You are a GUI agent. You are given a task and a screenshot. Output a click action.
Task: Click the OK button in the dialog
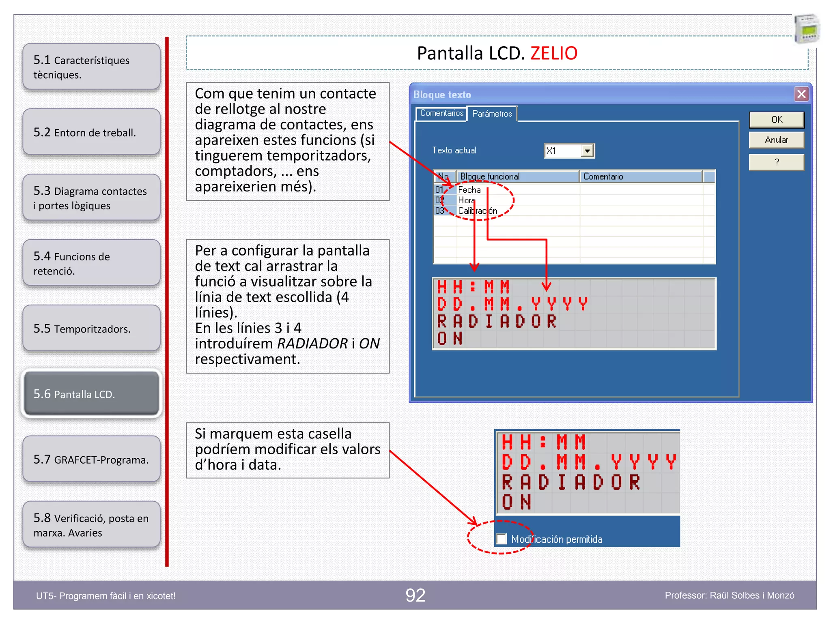click(x=776, y=120)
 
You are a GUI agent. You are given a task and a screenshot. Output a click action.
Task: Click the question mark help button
click(x=776, y=162)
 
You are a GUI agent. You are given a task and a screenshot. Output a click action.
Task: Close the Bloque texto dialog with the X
click(x=801, y=94)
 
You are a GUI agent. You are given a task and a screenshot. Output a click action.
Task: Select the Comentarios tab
click(x=441, y=114)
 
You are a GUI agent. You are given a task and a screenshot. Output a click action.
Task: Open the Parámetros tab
click(x=492, y=114)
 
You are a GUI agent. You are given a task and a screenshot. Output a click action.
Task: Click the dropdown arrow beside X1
click(x=587, y=151)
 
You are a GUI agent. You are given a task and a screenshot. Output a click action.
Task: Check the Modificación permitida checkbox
click(x=502, y=539)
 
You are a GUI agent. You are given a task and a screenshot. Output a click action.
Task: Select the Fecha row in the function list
click(x=469, y=190)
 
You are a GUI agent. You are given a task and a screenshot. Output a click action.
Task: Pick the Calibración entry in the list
click(x=477, y=211)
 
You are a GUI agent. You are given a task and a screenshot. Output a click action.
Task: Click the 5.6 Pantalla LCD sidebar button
click(x=91, y=394)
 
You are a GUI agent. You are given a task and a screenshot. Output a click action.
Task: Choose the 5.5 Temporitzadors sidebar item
click(x=91, y=328)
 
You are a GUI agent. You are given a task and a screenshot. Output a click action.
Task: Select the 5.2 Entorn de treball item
click(x=91, y=132)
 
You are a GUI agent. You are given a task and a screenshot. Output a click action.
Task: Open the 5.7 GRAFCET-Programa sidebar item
click(x=91, y=459)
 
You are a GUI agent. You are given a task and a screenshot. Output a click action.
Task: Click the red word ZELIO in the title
click(x=553, y=54)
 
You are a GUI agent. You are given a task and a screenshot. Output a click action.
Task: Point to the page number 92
click(x=415, y=595)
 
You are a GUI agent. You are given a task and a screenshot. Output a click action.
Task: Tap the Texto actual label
click(x=454, y=150)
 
